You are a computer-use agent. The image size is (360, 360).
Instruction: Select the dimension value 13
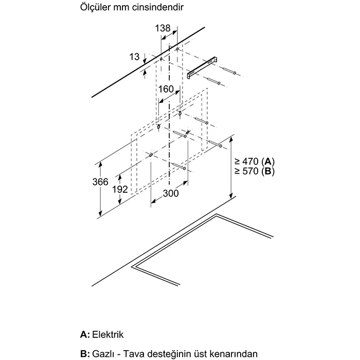pos(135,57)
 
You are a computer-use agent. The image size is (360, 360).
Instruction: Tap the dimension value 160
pos(166,89)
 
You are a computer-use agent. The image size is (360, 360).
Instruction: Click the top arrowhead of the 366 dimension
pos(98,164)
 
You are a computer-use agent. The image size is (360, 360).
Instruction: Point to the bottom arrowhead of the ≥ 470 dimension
pos(231,196)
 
